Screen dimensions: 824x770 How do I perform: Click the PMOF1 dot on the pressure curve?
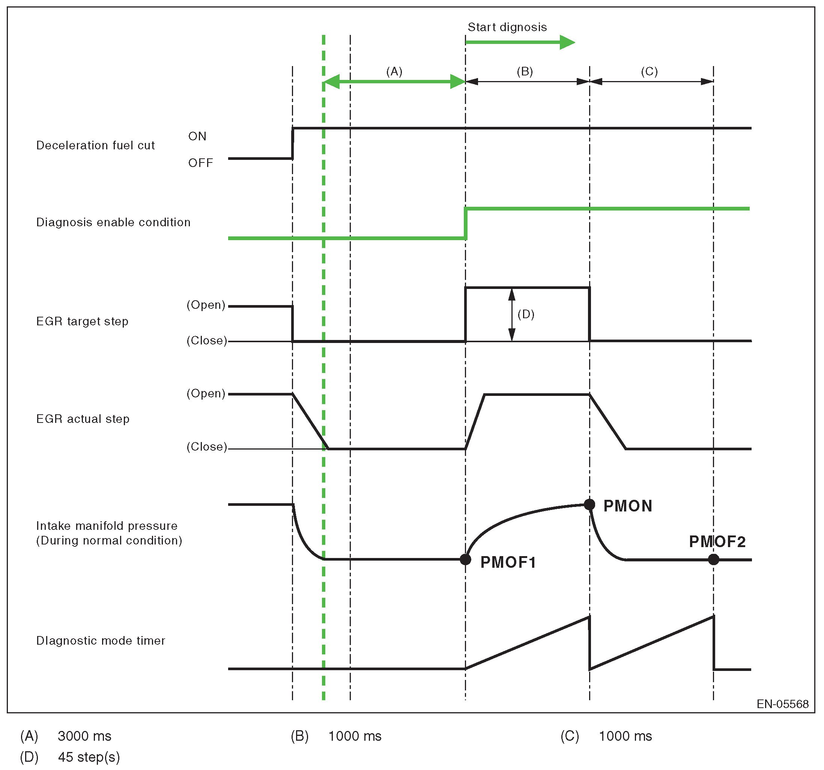point(465,559)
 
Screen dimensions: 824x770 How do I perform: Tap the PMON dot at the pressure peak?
point(589,504)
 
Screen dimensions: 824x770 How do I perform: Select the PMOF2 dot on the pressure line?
point(713,559)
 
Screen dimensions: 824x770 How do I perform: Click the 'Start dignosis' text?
point(507,27)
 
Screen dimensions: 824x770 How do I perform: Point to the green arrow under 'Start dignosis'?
point(520,42)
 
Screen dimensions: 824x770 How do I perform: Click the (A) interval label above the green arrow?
point(394,72)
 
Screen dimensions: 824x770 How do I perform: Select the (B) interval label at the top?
point(525,72)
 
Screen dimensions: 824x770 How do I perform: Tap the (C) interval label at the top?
point(649,72)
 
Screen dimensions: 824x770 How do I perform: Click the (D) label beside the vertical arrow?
point(526,314)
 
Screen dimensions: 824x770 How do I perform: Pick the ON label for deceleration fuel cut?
point(197,136)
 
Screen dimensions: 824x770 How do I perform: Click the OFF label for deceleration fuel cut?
point(201,163)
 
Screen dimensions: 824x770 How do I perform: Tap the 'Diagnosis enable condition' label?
point(113,223)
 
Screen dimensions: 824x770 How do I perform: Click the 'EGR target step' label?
point(82,322)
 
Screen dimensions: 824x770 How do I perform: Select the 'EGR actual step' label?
point(83,419)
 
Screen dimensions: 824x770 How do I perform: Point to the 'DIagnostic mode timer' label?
point(101,641)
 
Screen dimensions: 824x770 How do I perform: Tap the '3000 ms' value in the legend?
point(84,736)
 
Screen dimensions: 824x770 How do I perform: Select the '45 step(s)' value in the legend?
point(89,757)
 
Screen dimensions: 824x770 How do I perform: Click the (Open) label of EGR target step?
point(206,305)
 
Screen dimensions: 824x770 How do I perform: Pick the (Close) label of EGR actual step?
point(207,447)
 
